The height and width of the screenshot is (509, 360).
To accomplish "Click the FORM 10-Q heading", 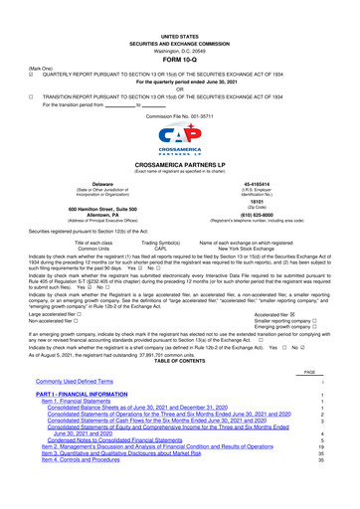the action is tap(179, 32).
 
